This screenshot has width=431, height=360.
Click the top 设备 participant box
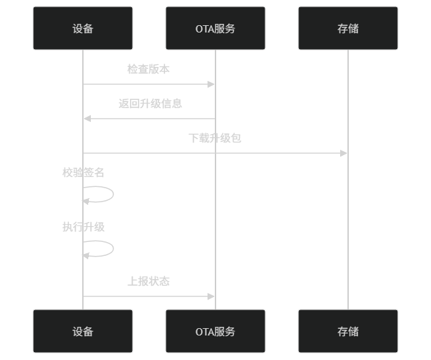[x=83, y=29]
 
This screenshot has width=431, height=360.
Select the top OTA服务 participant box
[x=215, y=29]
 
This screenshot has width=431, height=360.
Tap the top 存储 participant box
[x=348, y=29]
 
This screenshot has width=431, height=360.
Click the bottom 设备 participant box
[x=83, y=331]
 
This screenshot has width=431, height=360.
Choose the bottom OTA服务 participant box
[x=215, y=331]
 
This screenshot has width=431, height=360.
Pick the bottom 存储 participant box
[x=348, y=331]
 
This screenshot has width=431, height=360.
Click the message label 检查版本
[x=149, y=69]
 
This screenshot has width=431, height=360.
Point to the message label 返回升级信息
[x=151, y=103]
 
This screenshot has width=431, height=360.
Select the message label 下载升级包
[x=215, y=138]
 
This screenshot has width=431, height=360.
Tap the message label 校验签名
[x=84, y=172]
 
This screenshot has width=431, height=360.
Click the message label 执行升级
[x=84, y=227]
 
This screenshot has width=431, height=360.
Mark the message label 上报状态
[x=149, y=281]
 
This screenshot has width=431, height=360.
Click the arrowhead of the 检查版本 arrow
[x=212, y=84]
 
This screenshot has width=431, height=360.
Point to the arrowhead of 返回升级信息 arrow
[x=87, y=119]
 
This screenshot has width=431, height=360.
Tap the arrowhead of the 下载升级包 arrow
[x=344, y=153]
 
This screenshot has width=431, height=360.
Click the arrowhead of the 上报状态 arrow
[x=212, y=296]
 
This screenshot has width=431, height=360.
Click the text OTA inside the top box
[x=204, y=29]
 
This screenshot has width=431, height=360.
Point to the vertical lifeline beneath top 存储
[x=348, y=219]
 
